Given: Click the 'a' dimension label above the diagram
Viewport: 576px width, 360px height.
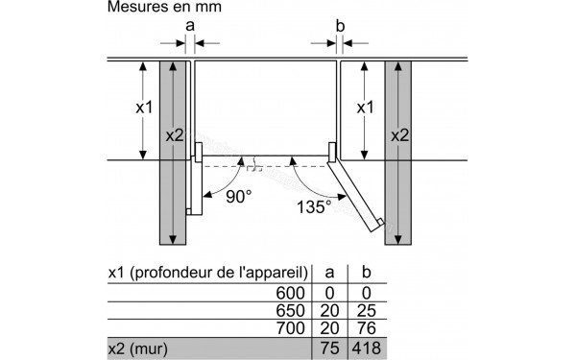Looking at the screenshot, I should pos(188,24).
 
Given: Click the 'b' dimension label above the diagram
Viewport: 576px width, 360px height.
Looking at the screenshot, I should pos(339,24).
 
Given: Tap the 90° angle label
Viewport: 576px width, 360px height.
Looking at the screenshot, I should pos(239,196).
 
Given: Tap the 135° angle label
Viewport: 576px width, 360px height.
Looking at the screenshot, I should pos(314,206).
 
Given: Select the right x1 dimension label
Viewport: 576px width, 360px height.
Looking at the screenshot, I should pos(366,108).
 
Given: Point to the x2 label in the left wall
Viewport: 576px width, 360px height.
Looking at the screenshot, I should pos(173,136).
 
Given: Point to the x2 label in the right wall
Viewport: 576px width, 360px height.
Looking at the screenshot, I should pos(399,136).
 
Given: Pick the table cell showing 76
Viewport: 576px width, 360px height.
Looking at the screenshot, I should pos(365,329).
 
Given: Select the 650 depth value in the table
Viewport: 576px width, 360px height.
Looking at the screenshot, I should pos(290,311).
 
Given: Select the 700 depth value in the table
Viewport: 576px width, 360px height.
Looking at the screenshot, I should pos(290,329).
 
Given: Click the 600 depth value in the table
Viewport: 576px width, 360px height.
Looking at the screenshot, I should pos(290,293).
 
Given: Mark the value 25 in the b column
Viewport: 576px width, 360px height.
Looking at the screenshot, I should pos(365,311).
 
